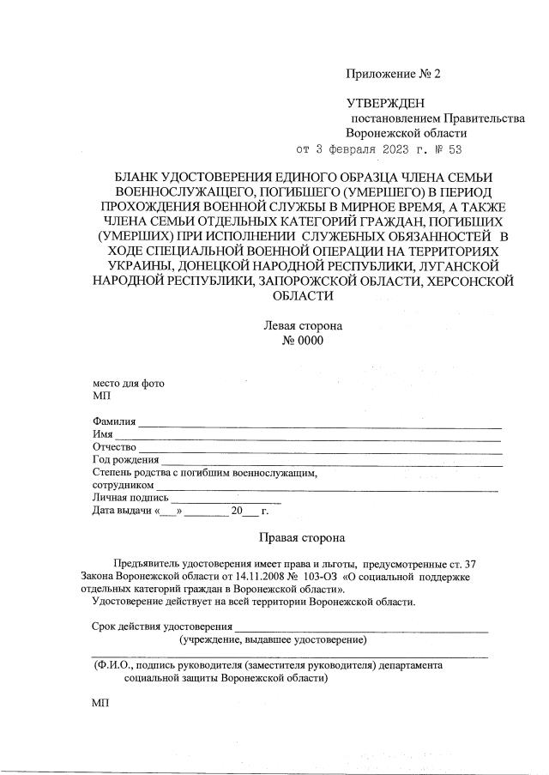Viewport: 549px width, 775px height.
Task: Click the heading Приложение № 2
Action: (393, 75)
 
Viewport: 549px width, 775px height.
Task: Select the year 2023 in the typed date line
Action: (388, 149)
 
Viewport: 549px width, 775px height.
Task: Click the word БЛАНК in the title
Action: (141, 176)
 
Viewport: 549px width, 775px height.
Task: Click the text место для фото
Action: (128, 384)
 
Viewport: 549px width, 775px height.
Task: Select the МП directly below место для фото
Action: (100, 397)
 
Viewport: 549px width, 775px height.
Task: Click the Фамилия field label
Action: (114, 421)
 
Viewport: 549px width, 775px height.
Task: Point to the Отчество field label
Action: (114, 448)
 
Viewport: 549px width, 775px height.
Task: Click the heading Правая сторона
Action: (302, 538)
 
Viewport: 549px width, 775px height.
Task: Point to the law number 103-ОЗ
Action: (319, 577)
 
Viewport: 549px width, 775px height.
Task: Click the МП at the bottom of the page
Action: (100, 702)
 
